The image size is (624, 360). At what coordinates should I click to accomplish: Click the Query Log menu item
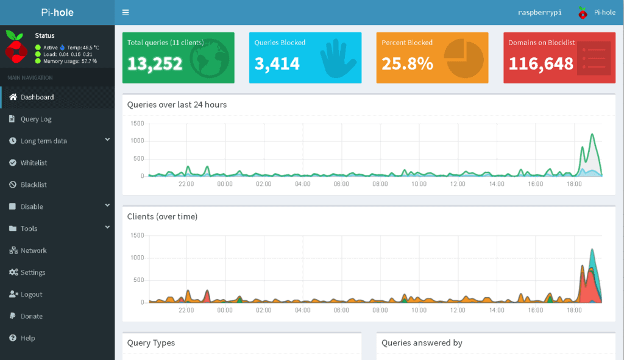[36, 119]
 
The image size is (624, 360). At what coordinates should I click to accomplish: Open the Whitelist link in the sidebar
[34, 163]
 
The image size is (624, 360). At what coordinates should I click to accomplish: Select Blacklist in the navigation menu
[34, 185]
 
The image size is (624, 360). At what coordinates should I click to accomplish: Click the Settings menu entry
[33, 272]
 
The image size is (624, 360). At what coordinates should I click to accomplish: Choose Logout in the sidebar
[31, 294]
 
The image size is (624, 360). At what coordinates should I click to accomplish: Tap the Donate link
[32, 316]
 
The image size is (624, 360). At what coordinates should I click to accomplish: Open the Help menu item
[27, 338]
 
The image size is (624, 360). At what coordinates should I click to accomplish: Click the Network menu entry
[34, 250]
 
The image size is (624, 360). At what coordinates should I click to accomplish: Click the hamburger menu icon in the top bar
[126, 12]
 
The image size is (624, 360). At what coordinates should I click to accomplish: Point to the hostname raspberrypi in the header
[539, 12]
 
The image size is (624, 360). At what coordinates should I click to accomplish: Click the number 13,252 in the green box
[155, 63]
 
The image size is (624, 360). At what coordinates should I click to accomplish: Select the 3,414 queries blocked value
[277, 63]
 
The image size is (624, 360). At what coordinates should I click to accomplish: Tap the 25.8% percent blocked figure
[407, 63]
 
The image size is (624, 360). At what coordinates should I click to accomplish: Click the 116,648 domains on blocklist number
[541, 63]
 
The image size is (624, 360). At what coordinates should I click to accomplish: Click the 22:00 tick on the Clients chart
[186, 310]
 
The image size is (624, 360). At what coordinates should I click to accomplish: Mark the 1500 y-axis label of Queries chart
[137, 124]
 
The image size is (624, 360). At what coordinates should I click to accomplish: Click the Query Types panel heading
[151, 343]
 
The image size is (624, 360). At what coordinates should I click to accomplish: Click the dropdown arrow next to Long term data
[107, 139]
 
